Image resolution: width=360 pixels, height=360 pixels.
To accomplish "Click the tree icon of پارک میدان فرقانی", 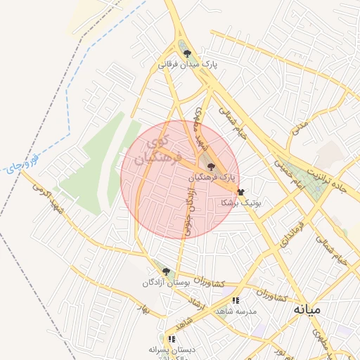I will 186,53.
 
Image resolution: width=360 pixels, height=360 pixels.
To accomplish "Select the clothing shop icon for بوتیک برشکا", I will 240,192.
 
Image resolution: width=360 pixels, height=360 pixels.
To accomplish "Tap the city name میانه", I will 307,309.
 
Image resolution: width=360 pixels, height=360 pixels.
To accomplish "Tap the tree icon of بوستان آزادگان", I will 166,271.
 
